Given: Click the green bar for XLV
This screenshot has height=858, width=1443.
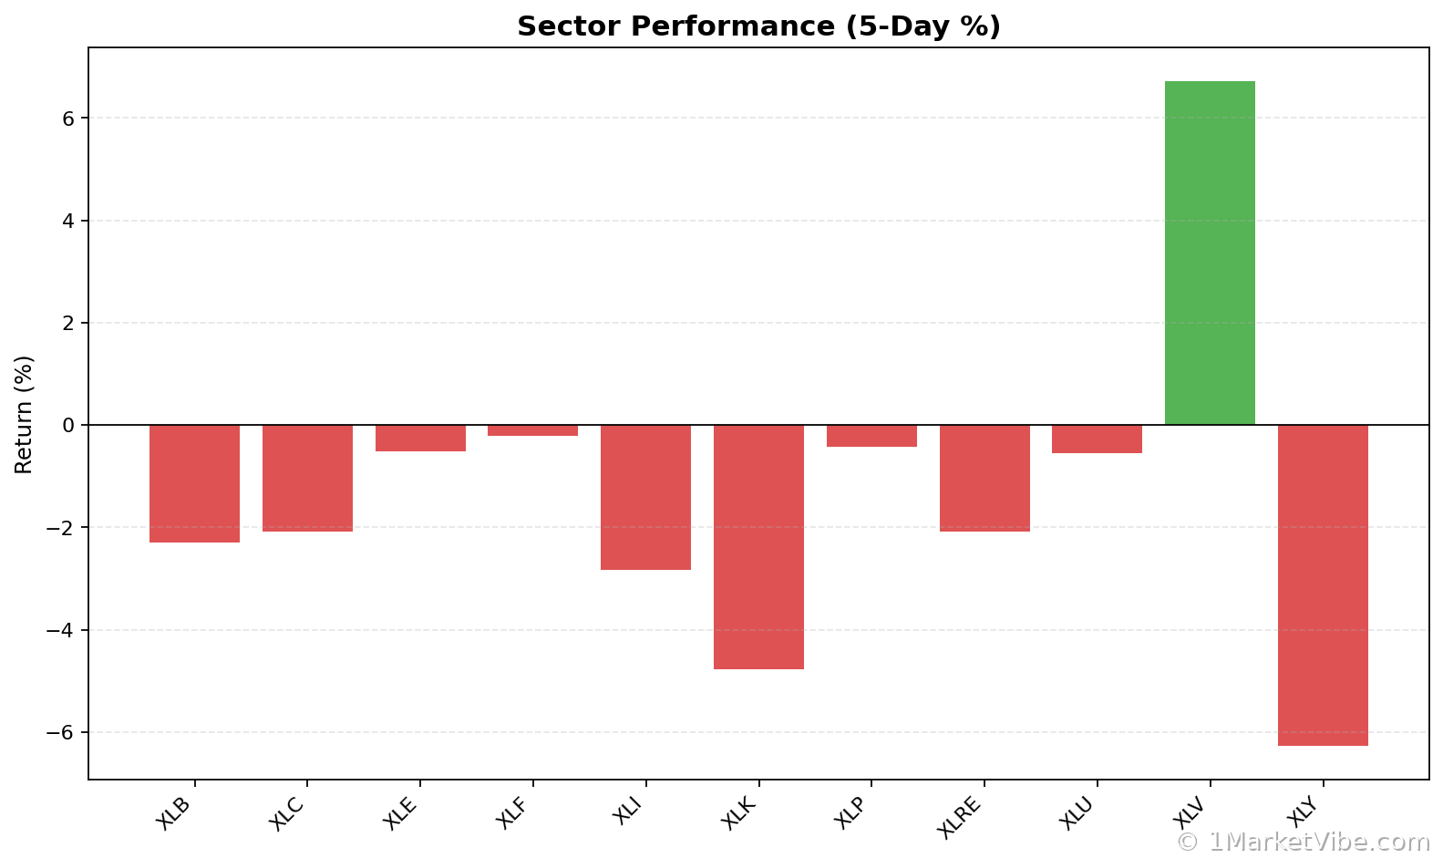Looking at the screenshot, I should point(1210,253).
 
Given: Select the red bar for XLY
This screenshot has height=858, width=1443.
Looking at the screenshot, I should point(1323,585).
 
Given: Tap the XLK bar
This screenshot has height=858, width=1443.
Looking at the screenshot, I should point(758,547).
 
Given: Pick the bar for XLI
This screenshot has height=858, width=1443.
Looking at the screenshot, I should point(645,497).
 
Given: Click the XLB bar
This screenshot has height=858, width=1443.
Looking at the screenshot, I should point(194,483).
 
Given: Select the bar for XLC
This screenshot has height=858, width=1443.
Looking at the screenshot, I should point(307,478).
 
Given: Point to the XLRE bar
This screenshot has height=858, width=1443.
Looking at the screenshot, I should point(984,478).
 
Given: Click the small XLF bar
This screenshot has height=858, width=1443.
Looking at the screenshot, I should point(532,430).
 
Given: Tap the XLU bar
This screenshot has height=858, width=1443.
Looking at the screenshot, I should point(1097,439).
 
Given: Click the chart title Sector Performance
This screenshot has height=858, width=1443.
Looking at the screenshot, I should point(758,26).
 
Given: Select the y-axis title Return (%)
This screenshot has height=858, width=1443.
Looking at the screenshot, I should point(24,415).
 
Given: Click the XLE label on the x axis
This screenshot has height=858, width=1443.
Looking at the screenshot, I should point(401,812).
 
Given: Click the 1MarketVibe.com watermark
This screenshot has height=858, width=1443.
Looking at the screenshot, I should point(1304,842).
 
